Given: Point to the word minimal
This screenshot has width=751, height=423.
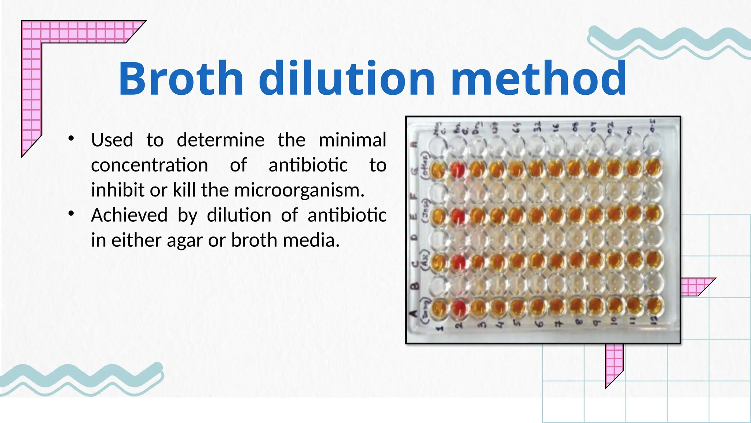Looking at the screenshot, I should pyautogui.click(x=352, y=140).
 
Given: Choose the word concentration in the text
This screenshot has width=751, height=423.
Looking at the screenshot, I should pyautogui.click(x=149, y=165).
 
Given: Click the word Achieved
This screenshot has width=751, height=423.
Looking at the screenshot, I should pyautogui.click(x=129, y=215).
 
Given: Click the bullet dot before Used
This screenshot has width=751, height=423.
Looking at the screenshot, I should pyautogui.click(x=71, y=138).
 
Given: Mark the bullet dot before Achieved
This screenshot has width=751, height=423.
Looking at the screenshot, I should pyautogui.click(x=71, y=214).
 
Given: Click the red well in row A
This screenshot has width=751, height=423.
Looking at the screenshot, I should pyautogui.click(x=458, y=308).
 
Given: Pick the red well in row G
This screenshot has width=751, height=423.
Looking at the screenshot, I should pyautogui.click(x=457, y=170).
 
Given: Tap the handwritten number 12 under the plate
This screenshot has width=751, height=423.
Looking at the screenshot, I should pyautogui.click(x=654, y=321).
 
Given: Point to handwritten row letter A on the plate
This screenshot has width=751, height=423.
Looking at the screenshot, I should pyautogui.click(x=414, y=313).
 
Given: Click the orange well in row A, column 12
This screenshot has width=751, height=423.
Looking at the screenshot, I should pyautogui.click(x=654, y=304).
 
